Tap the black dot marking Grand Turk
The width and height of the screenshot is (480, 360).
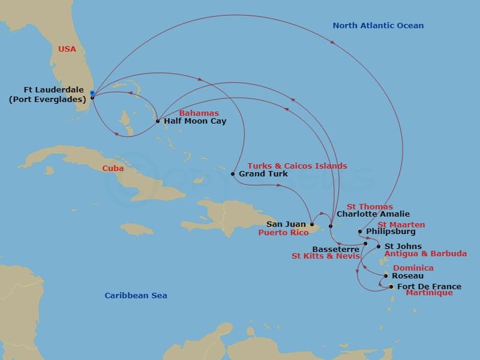pos(233,174)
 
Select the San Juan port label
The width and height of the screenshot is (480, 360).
pos(290,224)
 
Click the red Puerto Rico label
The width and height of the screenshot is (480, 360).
pos(283,233)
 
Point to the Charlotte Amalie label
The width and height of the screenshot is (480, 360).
pos(373,214)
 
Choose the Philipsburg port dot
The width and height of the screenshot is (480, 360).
pos(359,232)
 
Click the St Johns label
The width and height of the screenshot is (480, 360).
pos(403,246)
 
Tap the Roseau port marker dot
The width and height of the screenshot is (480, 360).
pos(385,276)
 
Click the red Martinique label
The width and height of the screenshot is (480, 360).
pos(429,293)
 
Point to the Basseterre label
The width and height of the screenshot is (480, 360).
pos(336,248)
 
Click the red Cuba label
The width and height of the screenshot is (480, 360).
pos(113,169)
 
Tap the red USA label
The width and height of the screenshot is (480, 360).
pos(67,49)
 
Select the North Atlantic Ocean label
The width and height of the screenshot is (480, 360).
pos(378,26)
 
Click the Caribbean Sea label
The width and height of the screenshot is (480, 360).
pos(136,296)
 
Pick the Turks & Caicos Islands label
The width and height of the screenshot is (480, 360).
pos(297,166)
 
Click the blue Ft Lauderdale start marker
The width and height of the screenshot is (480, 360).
pos(92,93)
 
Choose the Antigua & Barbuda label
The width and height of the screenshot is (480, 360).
pos(425,254)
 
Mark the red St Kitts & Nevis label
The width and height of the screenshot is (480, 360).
pos(325,256)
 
